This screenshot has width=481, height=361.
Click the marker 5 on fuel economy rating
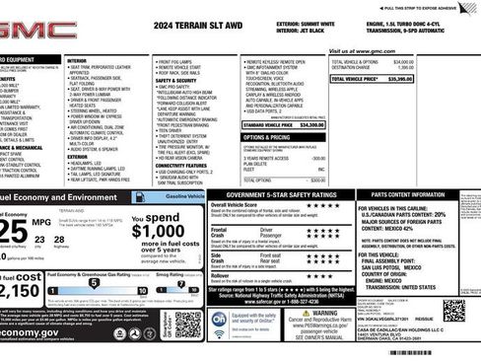94,282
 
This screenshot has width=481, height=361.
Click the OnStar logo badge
220,321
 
